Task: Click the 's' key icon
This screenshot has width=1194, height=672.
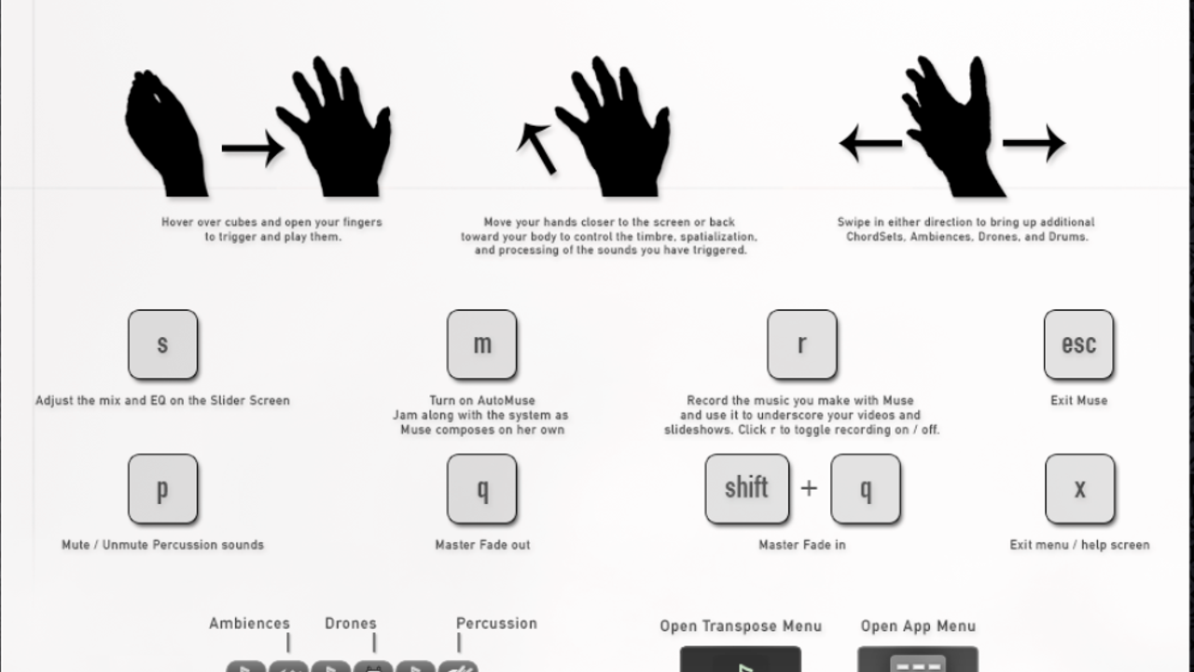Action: point(162,344)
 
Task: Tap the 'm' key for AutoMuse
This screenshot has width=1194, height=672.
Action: point(482,344)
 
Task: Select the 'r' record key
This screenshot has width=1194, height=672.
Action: point(801,344)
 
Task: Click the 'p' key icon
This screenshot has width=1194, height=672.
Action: point(162,489)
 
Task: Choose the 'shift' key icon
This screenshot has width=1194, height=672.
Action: point(747,489)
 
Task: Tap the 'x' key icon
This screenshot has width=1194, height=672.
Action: point(1079,489)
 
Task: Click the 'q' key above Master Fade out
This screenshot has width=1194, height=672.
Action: point(482,489)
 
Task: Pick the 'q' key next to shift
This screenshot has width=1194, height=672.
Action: point(866,489)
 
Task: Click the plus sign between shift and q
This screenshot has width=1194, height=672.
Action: point(809,488)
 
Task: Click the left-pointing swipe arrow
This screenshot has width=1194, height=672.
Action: point(870,143)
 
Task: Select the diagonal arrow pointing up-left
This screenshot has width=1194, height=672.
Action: point(536,148)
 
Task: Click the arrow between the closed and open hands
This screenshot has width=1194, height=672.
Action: point(253,148)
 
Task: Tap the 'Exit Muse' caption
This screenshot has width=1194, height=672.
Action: point(1079,400)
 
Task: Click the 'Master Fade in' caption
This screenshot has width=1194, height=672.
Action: point(802,545)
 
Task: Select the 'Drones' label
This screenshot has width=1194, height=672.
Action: point(351,623)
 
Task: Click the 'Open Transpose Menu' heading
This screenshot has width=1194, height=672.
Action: point(741,626)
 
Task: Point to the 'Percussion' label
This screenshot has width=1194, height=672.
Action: point(497,623)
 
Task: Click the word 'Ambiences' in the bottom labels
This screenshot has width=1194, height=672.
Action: point(249,623)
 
